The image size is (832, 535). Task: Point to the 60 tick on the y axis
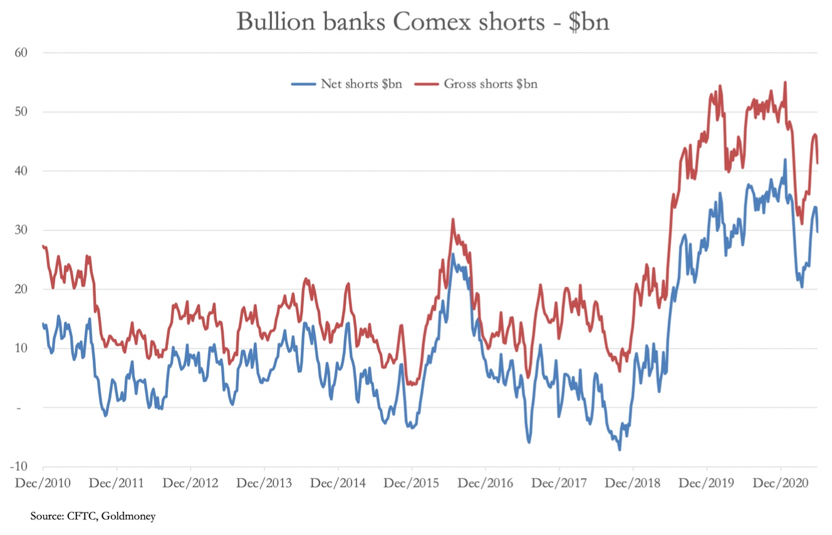point(22,53)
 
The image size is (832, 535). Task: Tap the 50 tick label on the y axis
point(22,112)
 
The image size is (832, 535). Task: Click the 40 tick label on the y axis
point(22,171)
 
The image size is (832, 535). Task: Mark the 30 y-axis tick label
point(22,230)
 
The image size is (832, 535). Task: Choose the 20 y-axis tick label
point(22,289)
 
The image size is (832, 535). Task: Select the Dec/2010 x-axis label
point(43,484)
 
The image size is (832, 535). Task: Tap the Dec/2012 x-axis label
point(190,484)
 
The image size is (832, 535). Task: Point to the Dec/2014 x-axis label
point(338,484)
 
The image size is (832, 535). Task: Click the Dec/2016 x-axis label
point(486,484)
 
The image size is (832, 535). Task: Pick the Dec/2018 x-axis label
point(633,484)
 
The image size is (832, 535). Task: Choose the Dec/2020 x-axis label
point(781,484)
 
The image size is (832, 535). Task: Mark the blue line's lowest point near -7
point(620,449)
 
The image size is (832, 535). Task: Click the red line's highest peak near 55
point(785,82)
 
